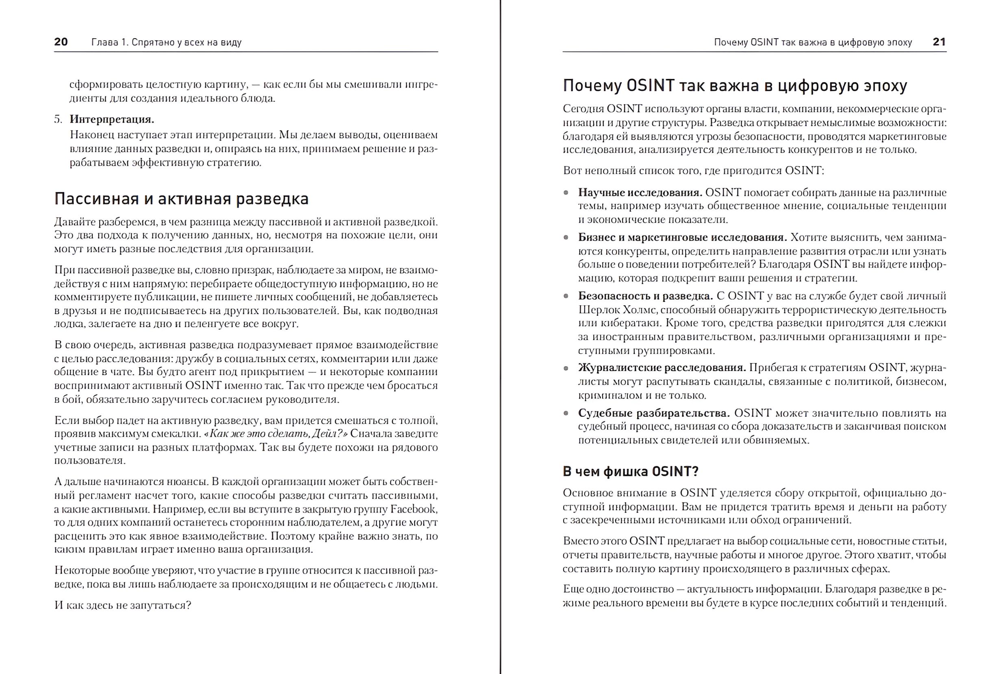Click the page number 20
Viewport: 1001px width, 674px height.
(61, 42)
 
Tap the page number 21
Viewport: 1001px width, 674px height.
(939, 42)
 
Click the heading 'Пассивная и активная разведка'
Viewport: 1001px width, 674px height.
(181, 199)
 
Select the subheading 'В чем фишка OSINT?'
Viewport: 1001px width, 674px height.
(631, 472)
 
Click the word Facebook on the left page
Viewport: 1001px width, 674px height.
(413, 509)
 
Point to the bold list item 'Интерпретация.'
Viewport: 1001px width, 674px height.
(112, 119)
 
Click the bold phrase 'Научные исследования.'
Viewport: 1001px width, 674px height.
(640, 192)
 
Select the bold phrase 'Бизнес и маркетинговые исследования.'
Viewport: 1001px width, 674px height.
(682, 237)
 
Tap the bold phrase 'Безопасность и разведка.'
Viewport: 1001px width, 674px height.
(645, 296)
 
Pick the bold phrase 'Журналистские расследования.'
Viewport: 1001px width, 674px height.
(662, 367)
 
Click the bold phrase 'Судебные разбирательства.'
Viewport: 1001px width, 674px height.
(654, 413)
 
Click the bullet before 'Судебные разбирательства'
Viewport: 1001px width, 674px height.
(566, 413)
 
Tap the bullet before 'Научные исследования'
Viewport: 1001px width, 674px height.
(566, 193)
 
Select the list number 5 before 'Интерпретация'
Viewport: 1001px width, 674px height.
(58, 119)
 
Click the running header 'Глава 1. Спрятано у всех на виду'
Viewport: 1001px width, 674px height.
(166, 42)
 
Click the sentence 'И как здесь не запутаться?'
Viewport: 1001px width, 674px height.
(122, 605)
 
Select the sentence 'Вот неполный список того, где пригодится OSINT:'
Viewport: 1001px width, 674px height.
(693, 171)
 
